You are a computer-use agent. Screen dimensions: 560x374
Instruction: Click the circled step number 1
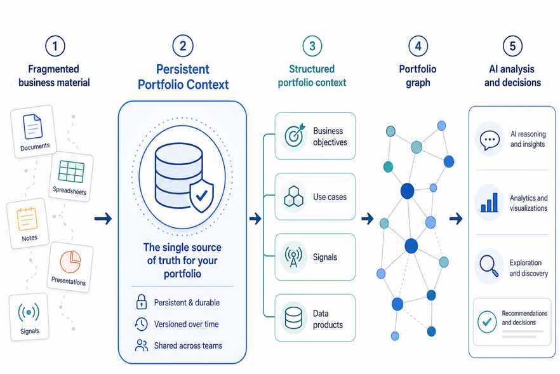(55, 46)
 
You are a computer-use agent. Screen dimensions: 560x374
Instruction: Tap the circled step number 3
(312, 46)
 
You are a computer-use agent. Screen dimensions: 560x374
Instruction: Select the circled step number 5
(512, 46)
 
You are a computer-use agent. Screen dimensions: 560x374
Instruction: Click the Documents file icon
(32, 126)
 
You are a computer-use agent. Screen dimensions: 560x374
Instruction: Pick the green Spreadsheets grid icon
(71, 171)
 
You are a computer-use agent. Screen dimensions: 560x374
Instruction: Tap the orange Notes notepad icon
(27, 218)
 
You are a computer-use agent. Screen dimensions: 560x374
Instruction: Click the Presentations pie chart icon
(70, 262)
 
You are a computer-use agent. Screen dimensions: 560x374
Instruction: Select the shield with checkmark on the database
(201, 196)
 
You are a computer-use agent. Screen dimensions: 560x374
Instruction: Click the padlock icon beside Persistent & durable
(142, 302)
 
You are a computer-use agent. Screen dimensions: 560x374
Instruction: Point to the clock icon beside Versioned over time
(141, 324)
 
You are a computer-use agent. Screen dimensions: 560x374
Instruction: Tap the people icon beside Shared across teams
(142, 345)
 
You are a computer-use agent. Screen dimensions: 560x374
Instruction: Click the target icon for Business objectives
(295, 135)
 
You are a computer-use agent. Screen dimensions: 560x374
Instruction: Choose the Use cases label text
(330, 197)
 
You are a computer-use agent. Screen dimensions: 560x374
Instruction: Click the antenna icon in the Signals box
(293, 257)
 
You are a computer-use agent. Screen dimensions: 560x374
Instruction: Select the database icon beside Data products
(293, 317)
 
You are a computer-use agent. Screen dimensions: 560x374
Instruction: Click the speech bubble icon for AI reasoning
(490, 140)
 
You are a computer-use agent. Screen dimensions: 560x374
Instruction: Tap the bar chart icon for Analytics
(490, 203)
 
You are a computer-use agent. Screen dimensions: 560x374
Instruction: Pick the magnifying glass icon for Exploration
(489, 266)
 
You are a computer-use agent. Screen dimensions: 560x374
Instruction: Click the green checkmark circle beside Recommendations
(487, 322)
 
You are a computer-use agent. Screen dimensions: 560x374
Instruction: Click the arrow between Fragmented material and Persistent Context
(103, 218)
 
